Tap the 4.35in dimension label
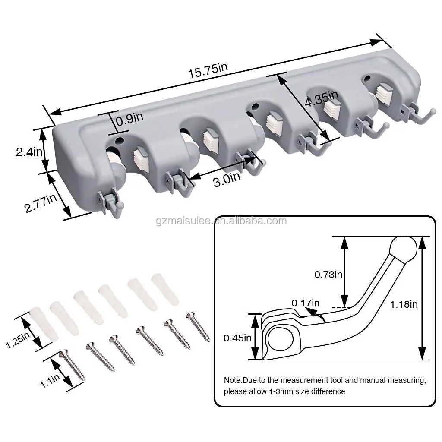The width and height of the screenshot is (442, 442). coord(322,100)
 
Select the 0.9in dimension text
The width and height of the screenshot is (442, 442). coord(129,117)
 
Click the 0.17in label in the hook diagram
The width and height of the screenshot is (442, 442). coord(306,303)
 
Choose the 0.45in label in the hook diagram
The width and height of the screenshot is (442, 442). coord(237,338)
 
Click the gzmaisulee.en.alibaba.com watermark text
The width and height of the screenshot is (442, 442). coord(221,221)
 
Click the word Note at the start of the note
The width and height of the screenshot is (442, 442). coord(233,380)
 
